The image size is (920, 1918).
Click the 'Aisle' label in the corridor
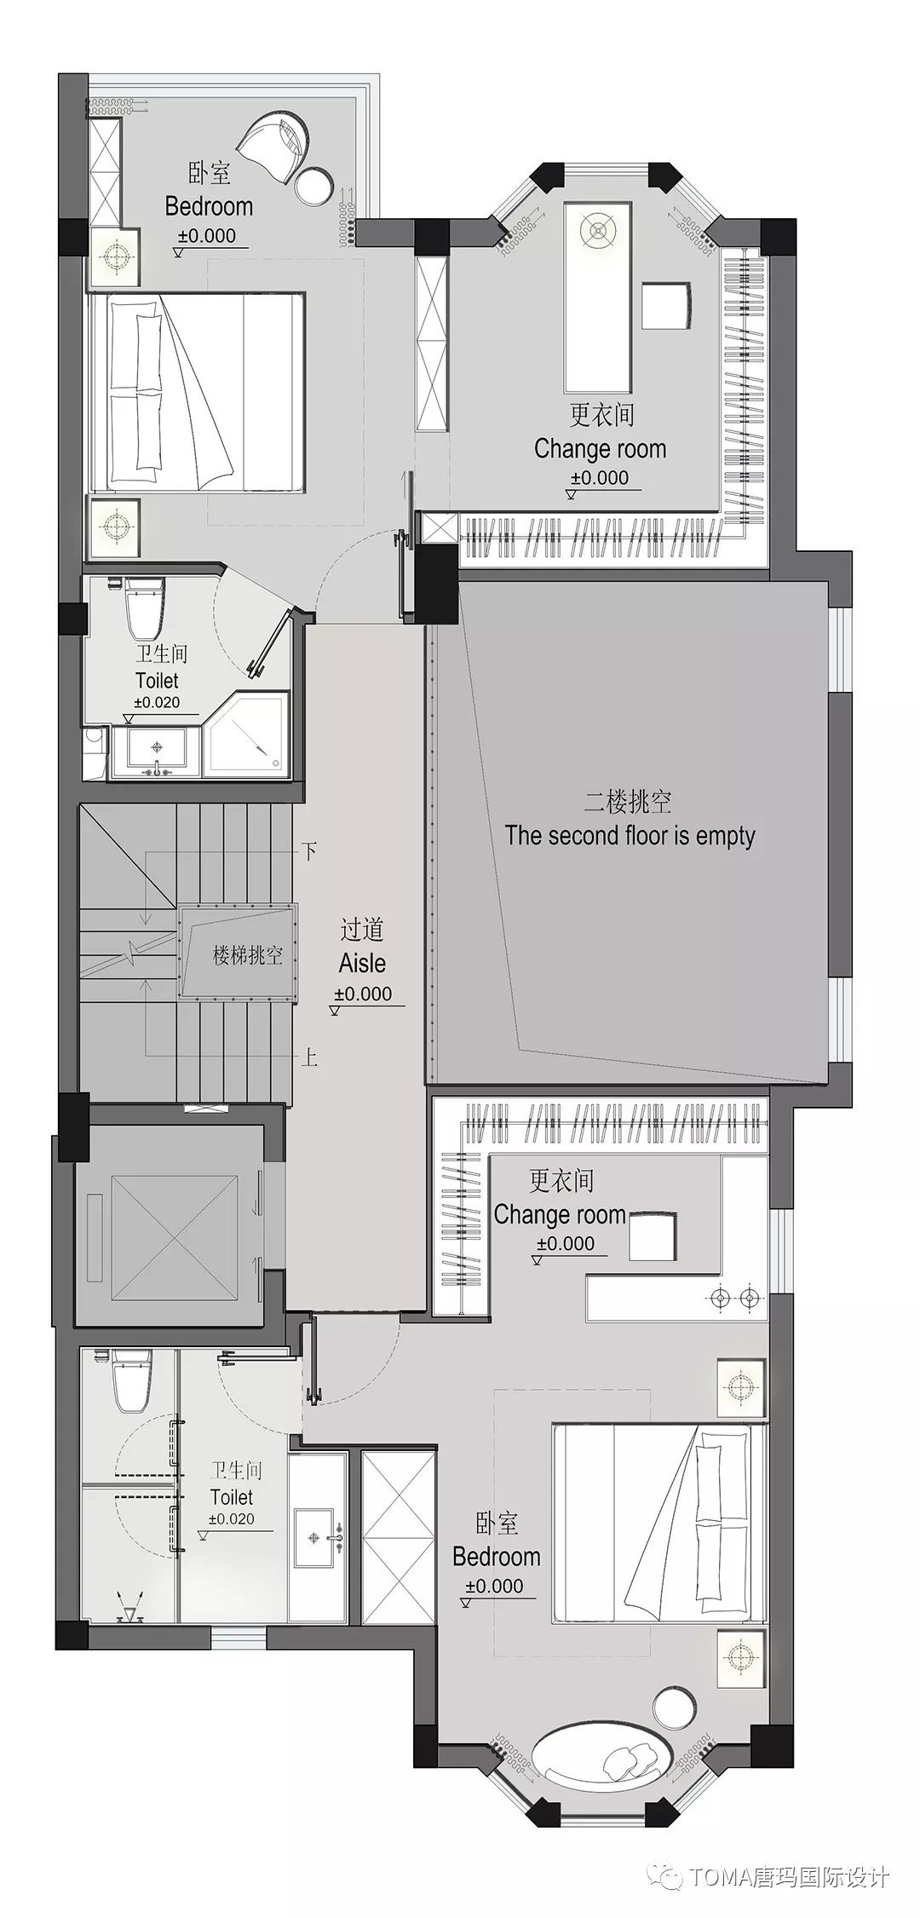(362, 963)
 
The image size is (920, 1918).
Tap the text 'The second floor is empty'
(630, 835)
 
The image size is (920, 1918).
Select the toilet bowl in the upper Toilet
(141, 610)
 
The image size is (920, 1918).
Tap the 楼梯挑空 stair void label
(246, 955)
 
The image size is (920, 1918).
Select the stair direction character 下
(310, 850)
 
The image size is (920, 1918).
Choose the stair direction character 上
(310, 1058)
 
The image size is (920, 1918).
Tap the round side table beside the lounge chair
(315, 185)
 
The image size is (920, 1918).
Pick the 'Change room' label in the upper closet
(600, 449)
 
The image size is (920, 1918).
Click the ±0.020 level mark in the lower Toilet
(232, 1518)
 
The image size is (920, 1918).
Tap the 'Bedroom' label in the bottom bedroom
(497, 1557)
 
